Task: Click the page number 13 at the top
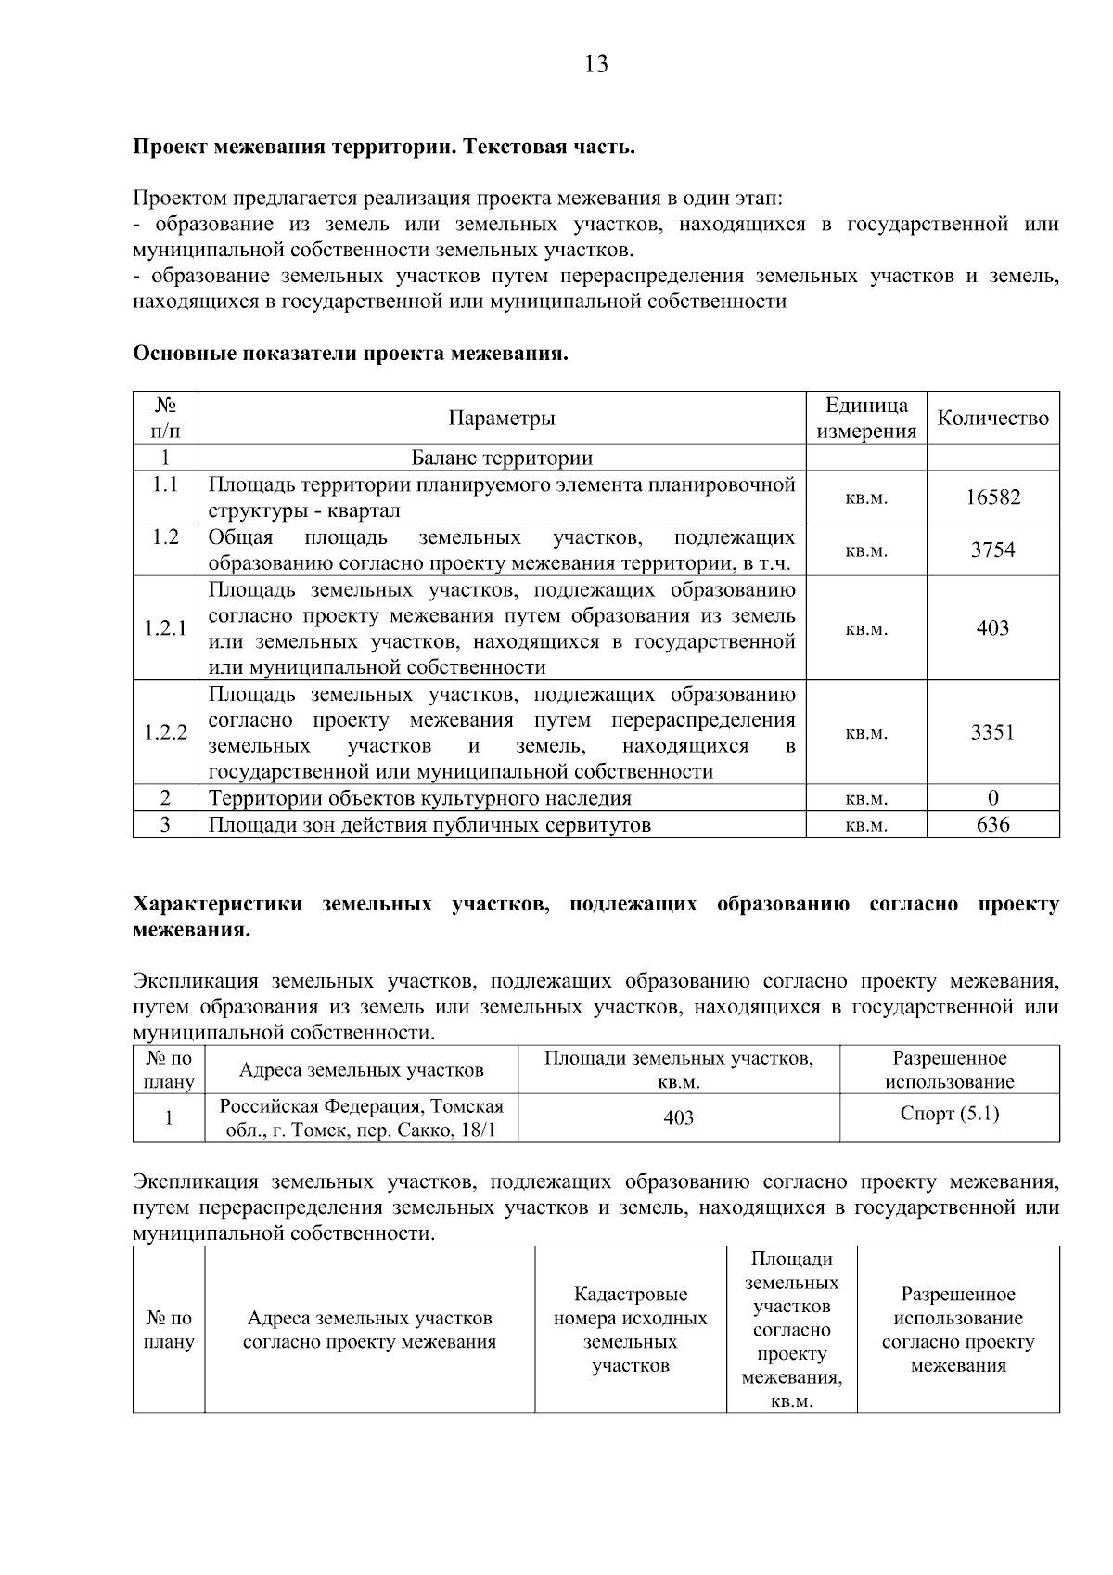pyautogui.click(x=596, y=64)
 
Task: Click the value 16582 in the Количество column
pyautogui.click(x=992, y=497)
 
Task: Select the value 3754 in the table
pyautogui.click(x=992, y=550)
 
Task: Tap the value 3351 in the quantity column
pyautogui.click(x=992, y=733)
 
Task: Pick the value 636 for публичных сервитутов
pyautogui.click(x=992, y=825)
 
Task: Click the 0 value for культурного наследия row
pyautogui.click(x=992, y=798)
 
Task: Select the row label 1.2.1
pyautogui.click(x=165, y=628)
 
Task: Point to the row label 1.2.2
pyautogui.click(x=165, y=733)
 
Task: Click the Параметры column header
pyautogui.click(x=502, y=419)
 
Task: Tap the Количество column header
pyautogui.click(x=992, y=419)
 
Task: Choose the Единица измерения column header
pyautogui.click(x=866, y=419)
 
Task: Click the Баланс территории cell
pyautogui.click(x=502, y=458)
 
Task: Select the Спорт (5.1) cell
pyautogui.click(x=950, y=1114)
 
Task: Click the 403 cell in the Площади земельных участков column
pyautogui.click(x=679, y=1118)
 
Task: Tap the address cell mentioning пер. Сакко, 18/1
pyautogui.click(x=361, y=1118)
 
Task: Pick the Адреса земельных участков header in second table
pyautogui.click(x=361, y=1070)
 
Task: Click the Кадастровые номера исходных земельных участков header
pyautogui.click(x=631, y=1330)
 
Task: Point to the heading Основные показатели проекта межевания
pyautogui.click(x=351, y=355)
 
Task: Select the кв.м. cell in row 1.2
pyautogui.click(x=866, y=551)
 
